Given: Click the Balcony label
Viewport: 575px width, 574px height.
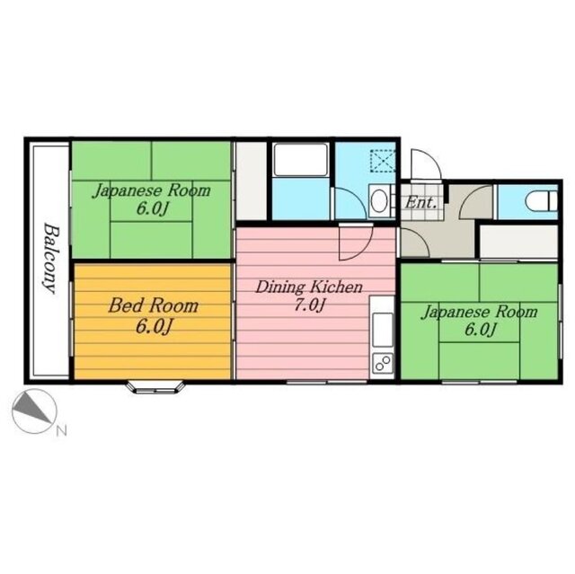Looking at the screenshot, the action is point(50,259).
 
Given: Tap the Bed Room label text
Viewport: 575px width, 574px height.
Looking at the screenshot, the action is point(154,305).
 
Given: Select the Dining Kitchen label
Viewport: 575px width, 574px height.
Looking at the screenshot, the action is point(309,287).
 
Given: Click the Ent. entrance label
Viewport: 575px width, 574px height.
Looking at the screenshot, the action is point(420,202).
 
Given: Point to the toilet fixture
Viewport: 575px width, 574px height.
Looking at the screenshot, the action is point(541,201).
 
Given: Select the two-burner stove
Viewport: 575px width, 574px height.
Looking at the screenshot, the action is point(383,363).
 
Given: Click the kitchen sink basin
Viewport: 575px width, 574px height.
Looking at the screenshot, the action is point(383,330).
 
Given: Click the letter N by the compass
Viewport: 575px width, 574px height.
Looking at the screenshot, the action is point(62,431).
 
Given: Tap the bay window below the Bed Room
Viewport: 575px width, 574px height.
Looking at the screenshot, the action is point(155,387).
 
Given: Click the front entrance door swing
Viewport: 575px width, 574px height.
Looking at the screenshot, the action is point(425,165).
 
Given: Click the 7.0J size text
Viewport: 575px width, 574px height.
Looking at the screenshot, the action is point(310,305).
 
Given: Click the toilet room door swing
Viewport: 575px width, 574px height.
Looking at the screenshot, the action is point(476,201).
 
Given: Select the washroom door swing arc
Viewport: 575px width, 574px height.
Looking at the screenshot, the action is point(350,204).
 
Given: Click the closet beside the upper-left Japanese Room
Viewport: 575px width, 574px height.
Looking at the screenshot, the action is point(251,181).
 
